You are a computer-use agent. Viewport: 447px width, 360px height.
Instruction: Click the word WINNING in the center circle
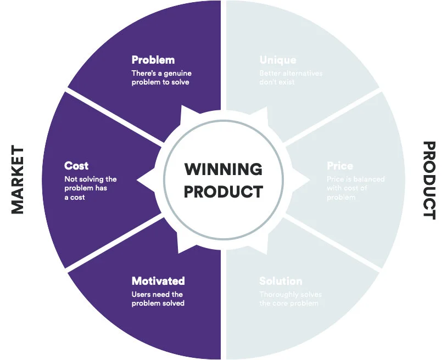pos(223,168)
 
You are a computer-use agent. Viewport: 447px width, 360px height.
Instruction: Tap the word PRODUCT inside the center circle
pos(223,192)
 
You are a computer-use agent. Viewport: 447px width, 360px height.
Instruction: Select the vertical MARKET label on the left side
pos(18,180)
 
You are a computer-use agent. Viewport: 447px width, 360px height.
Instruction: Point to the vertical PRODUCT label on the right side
pos(429,180)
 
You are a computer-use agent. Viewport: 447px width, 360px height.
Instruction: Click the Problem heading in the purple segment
pos(153,60)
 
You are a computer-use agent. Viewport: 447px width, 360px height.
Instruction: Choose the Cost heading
pos(76,166)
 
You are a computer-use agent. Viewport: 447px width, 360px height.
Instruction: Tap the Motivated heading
pos(158,281)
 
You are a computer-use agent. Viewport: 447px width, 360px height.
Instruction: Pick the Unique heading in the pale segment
pos(277,60)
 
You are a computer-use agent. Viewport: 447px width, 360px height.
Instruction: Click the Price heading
pos(340,166)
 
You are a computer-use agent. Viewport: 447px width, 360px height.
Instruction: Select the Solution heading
pos(281,281)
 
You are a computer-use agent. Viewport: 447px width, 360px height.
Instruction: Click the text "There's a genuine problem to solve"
pos(161,77)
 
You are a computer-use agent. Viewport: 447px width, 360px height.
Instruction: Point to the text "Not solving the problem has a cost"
pos(90,188)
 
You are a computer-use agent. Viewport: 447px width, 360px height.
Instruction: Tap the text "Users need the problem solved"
pos(158,299)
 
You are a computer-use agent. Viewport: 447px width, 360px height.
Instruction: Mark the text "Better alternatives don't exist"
pos(290,77)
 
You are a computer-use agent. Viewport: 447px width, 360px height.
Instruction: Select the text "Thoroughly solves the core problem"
pos(290,299)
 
